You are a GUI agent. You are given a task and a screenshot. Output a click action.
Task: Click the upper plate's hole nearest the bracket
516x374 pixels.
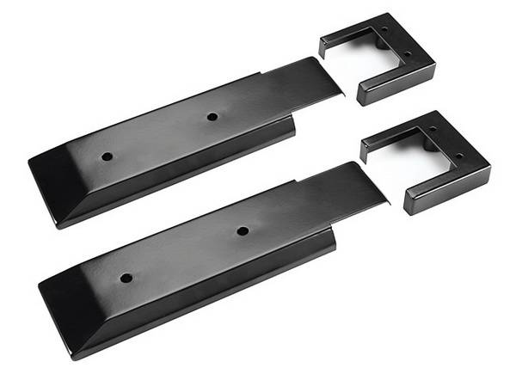[212, 116]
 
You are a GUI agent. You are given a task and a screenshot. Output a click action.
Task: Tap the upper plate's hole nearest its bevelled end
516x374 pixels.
[107, 157]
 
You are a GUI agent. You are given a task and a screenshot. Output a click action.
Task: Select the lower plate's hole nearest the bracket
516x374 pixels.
[243, 230]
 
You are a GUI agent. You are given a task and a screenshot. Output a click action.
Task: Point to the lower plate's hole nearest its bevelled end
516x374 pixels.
[126, 278]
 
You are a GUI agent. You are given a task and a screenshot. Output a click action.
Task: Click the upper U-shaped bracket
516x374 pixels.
[378, 56]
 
